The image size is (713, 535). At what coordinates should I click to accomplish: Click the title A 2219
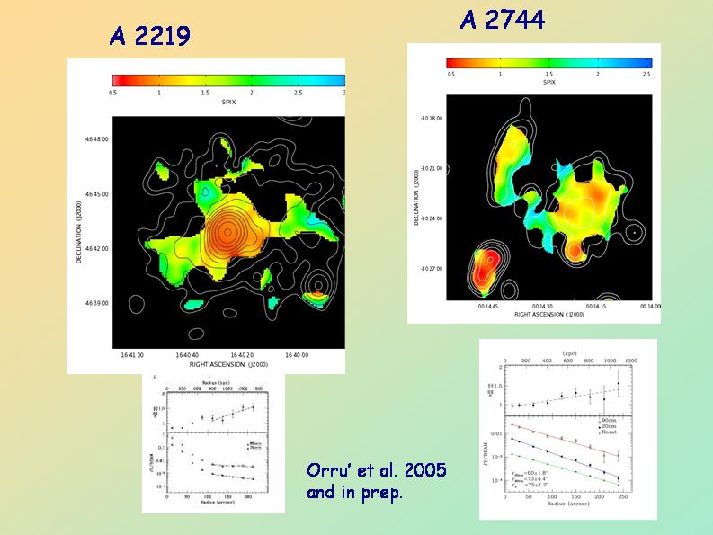(149, 36)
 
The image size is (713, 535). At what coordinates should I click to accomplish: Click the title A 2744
(502, 19)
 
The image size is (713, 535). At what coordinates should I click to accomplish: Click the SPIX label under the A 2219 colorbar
(228, 103)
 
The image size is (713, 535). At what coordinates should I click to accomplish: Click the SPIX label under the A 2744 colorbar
(548, 82)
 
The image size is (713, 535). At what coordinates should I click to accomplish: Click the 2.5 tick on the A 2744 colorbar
(646, 74)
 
